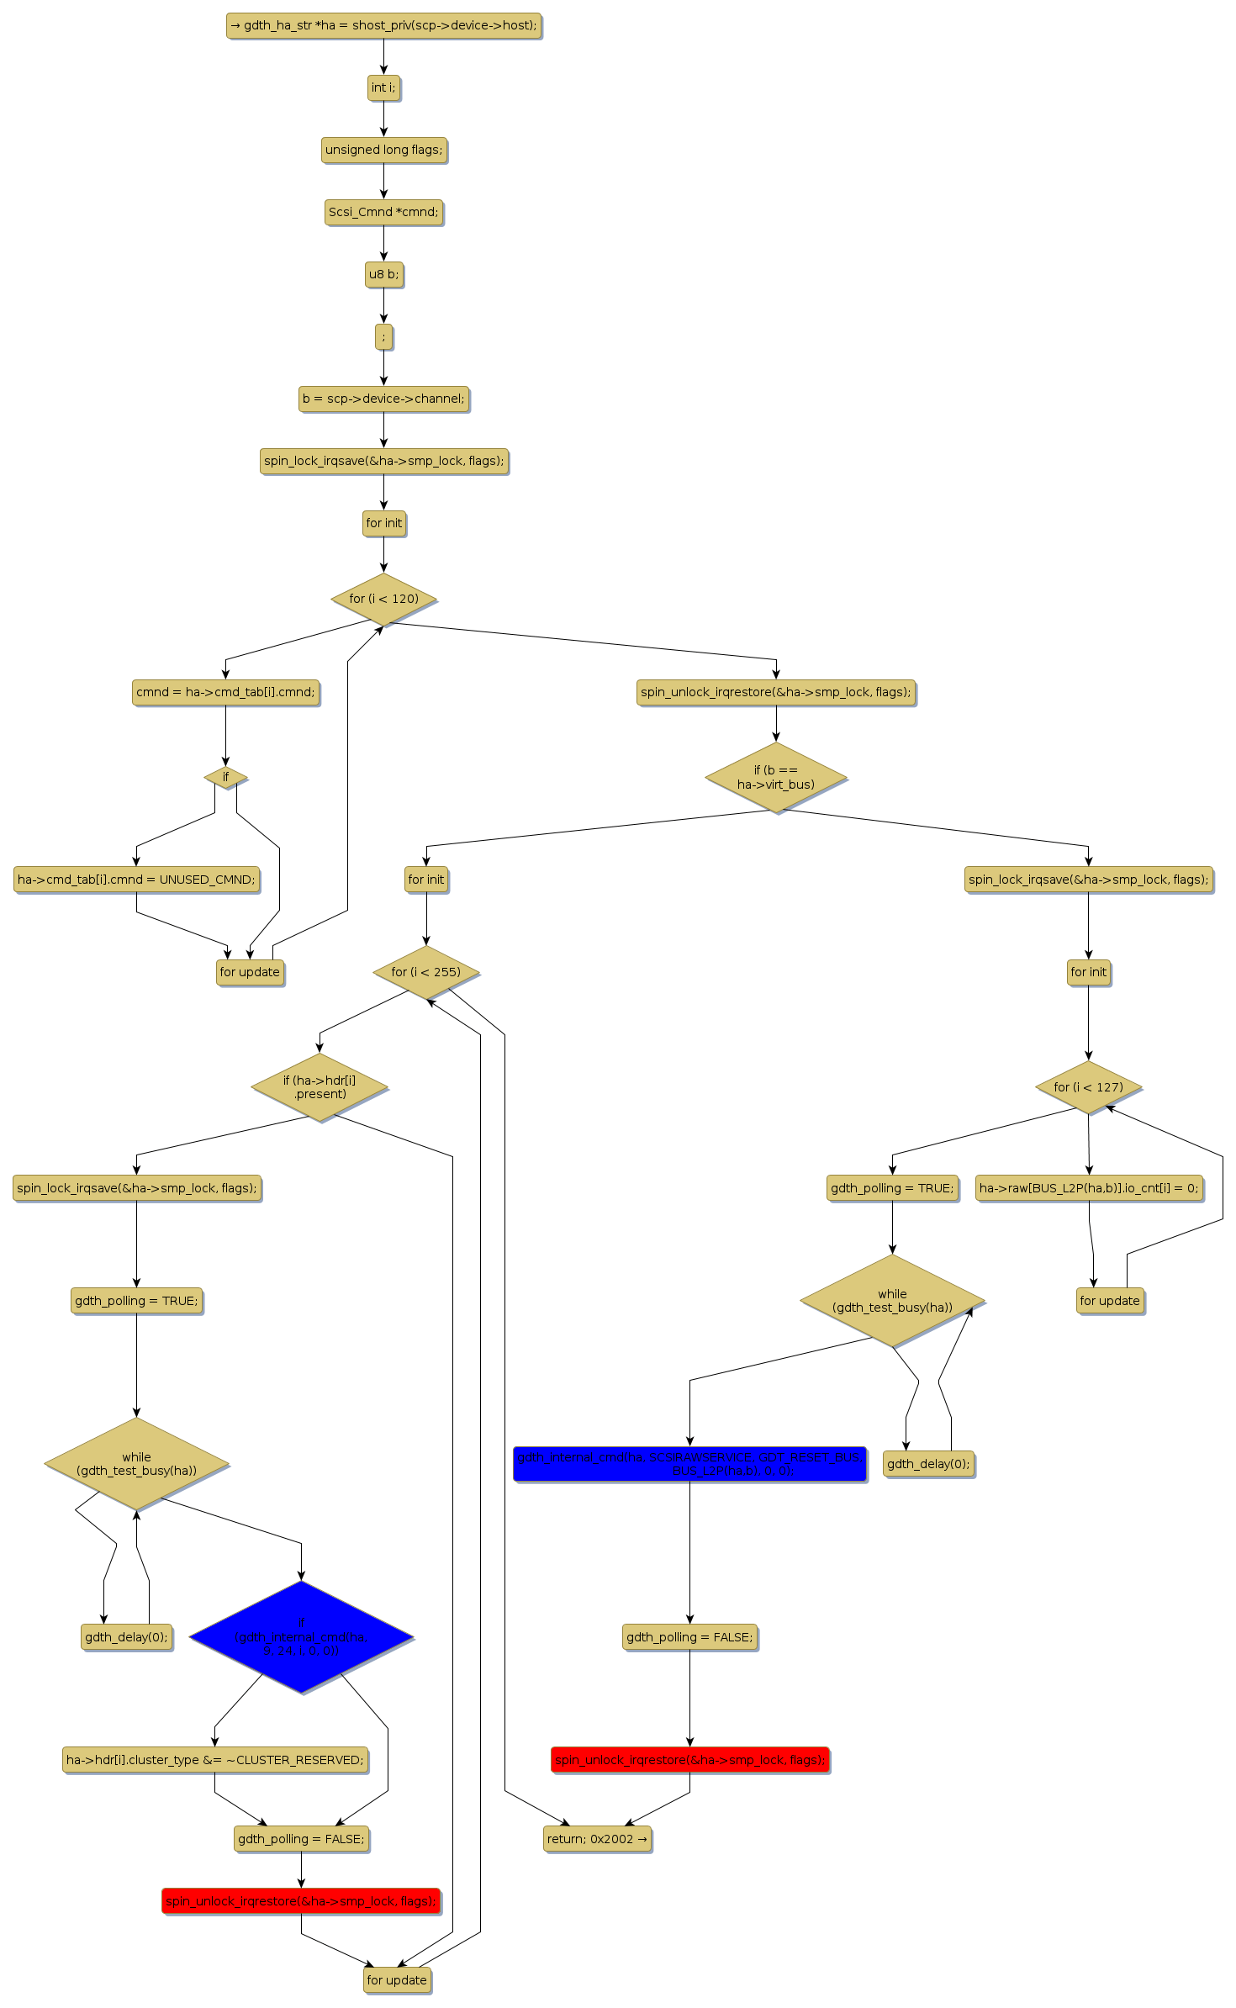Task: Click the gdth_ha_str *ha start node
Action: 383,25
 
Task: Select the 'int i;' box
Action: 383,87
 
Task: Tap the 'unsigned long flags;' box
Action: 383,150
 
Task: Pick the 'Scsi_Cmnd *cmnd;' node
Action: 383,212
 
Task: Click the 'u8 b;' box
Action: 383,274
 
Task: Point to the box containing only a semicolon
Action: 383,336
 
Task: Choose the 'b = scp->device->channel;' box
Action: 383,399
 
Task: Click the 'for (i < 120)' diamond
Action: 383,599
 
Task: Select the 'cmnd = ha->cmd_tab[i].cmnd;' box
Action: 225,692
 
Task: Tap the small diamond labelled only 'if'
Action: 225,777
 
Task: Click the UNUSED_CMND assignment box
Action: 136,880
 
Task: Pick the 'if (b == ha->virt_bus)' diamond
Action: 775,777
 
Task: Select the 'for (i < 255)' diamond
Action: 425,972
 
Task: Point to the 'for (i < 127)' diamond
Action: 1088,1087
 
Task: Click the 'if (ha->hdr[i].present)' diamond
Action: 320,1087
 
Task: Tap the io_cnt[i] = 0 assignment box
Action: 1089,1188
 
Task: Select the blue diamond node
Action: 301,1636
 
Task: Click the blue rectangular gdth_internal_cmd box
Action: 689,1463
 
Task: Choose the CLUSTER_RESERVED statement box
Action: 215,1760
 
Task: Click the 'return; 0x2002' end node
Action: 597,1839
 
